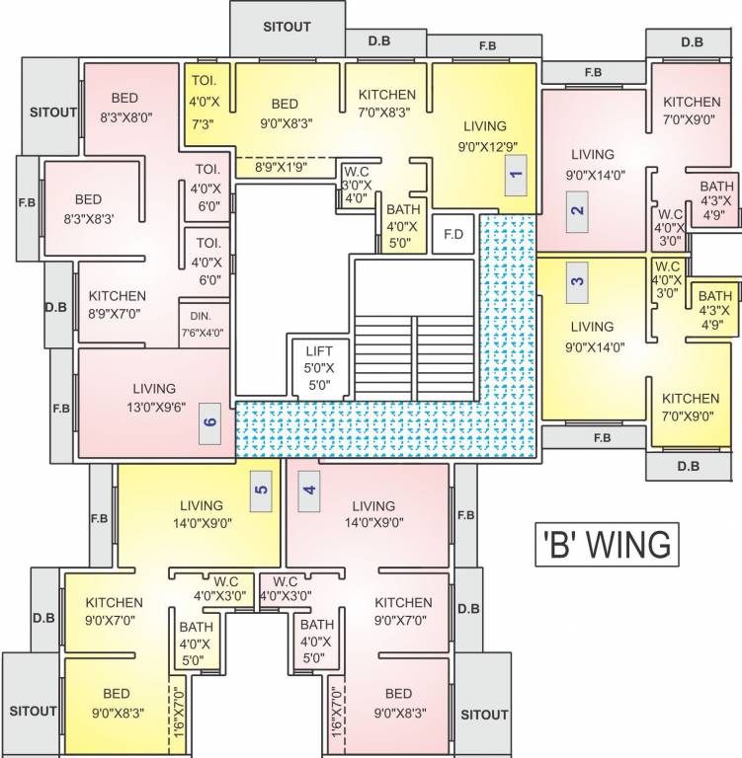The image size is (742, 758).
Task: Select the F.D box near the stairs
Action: tap(453, 235)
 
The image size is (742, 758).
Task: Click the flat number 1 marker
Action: tap(514, 180)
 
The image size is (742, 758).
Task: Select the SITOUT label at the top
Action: tap(287, 27)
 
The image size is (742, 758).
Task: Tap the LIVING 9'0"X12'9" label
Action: tap(484, 135)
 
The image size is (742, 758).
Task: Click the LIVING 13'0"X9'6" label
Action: tap(152, 397)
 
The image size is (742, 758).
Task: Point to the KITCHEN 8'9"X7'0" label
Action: tap(118, 304)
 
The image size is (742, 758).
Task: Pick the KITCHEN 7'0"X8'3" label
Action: tap(387, 104)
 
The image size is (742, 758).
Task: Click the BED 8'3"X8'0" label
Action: tap(124, 107)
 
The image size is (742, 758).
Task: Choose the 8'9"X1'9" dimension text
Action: tap(285, 168)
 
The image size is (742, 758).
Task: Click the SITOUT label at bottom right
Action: tap(484, 715)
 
